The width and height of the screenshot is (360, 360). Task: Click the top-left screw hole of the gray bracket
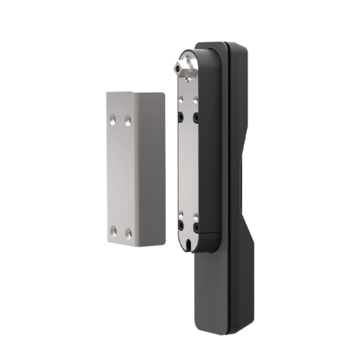114,116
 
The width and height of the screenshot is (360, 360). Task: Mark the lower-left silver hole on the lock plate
181,214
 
